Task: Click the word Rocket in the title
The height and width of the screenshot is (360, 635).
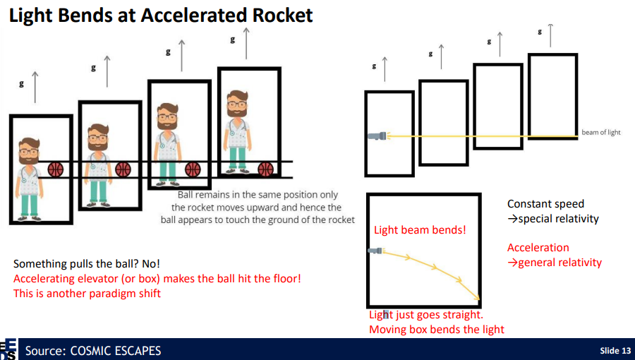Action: [x=276, y=16]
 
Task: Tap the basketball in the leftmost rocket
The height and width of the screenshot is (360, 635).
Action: [x=56, y=170]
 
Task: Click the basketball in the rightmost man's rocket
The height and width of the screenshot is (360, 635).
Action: [x=265, y=169]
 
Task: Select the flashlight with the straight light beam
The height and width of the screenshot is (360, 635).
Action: [x=377, y=136]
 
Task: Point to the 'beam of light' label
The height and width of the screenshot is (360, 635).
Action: [x=601, y=133]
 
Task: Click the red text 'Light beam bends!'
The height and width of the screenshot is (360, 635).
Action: [x=420, y=230]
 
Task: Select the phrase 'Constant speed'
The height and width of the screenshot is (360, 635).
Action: [x=545, y=204]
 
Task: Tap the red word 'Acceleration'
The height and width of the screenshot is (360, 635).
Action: [x=538, y=248]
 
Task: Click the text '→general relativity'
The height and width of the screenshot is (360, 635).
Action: [x=555, y=263]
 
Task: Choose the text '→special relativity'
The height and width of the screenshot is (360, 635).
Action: [x=553, y=219]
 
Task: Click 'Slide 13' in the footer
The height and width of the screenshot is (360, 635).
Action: [x=615, y=351]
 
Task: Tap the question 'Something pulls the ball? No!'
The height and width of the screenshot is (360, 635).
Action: [x=87, y=264]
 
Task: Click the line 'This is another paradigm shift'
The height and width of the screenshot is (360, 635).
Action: [x=87, y=293]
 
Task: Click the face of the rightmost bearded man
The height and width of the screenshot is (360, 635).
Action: [x=237, y=108]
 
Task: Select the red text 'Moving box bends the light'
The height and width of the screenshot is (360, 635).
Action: [x=437, y=330]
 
